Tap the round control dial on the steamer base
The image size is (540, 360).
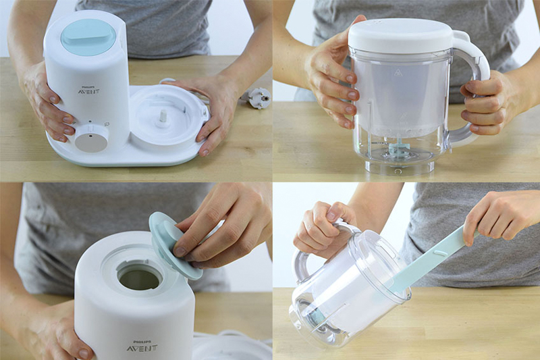tap(91, 138)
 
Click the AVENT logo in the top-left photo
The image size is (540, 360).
tap(88, 92)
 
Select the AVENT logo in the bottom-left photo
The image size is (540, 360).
tap(142, 348)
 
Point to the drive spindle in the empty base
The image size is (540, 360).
tap(162, 118)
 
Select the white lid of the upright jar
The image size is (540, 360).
tap(400, 36)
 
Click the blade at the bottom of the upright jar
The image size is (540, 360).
tap(396, 149)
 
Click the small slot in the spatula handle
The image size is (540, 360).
tap(439, 253)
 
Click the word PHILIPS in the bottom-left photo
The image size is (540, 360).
tap(142, 342)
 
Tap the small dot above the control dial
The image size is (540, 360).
tap(90, 122)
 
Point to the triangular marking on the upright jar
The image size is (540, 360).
tap(399, 72)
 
